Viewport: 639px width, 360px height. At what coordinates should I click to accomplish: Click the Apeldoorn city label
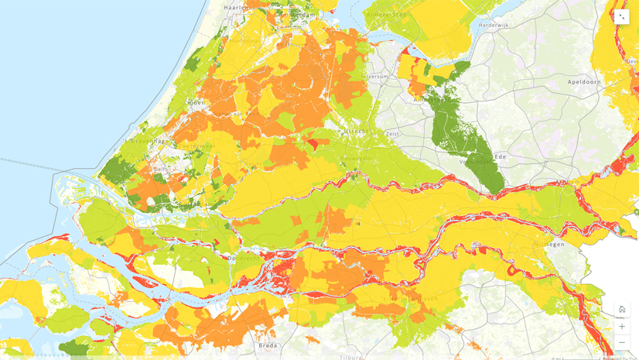pyautogui.click(x=584, y=81)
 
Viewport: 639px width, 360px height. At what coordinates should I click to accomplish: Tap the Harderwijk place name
pyautogui.click(x=495, y=25)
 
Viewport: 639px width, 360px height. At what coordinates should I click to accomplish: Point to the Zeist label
pyautogui.click(x=393, y=133)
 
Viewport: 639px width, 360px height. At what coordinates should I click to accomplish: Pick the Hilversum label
pyautogui.click(x=377, y=77)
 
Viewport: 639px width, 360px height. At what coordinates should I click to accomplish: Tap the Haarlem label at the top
pyautogui.click(x=234, y=7)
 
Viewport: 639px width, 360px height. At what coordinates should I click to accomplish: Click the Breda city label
pyautogui.click(x=268, y=345)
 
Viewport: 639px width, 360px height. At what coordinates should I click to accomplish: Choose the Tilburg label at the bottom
pyautogui.click(x=350, y=357)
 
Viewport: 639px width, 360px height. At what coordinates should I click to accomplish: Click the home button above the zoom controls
pyautogui.click(x=622, y=309)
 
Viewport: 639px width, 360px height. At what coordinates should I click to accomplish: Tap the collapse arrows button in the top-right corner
pyautogui.click(x=622, y=17)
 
